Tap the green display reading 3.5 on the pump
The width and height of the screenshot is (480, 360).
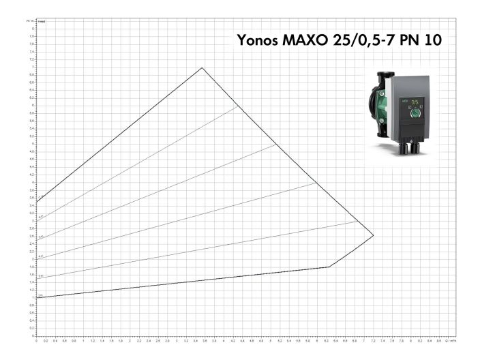point(414,104)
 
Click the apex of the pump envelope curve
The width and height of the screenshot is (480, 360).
point(202,67)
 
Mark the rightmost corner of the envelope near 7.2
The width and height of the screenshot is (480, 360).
point(374,235)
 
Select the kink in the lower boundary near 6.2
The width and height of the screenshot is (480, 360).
point(329,267)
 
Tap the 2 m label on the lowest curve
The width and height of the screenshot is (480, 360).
point(41,295)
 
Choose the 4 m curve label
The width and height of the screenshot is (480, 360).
point(41,256)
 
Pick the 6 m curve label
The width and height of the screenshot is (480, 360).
point(41,217)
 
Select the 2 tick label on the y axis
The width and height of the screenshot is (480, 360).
point(31,259)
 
